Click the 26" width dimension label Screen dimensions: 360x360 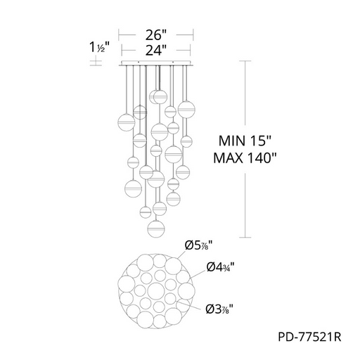156,35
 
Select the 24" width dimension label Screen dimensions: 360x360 156,50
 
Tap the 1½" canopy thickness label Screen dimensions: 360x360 100,47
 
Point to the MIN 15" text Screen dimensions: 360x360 245,141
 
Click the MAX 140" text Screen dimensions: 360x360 245,158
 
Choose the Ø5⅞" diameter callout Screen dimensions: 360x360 199,245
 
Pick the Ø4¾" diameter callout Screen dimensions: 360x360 221,266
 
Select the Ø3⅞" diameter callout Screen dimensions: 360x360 219,309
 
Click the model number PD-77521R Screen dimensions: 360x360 309,337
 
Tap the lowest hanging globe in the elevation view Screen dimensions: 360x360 156,228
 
